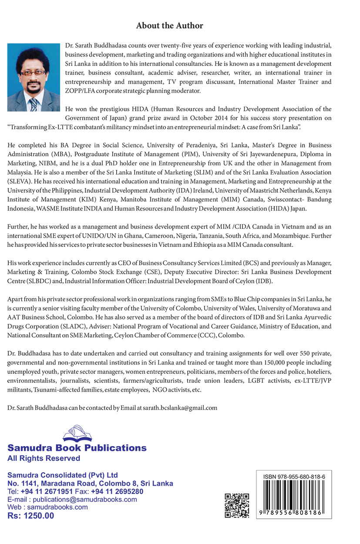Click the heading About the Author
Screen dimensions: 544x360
(x=169, y=26)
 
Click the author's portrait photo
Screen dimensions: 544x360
(x=34, y=77)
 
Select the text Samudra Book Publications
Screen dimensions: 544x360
(x=77, y=448)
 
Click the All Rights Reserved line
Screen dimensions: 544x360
(x=44, y=458)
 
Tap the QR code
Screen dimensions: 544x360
(x=237, y=506)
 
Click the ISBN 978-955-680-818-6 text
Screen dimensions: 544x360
(x=294, y=477)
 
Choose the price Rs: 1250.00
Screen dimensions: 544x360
(x=31, y=516)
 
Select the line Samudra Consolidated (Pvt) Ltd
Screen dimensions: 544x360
(x=63, y=475)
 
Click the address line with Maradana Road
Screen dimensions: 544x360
(x=90, y=483)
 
